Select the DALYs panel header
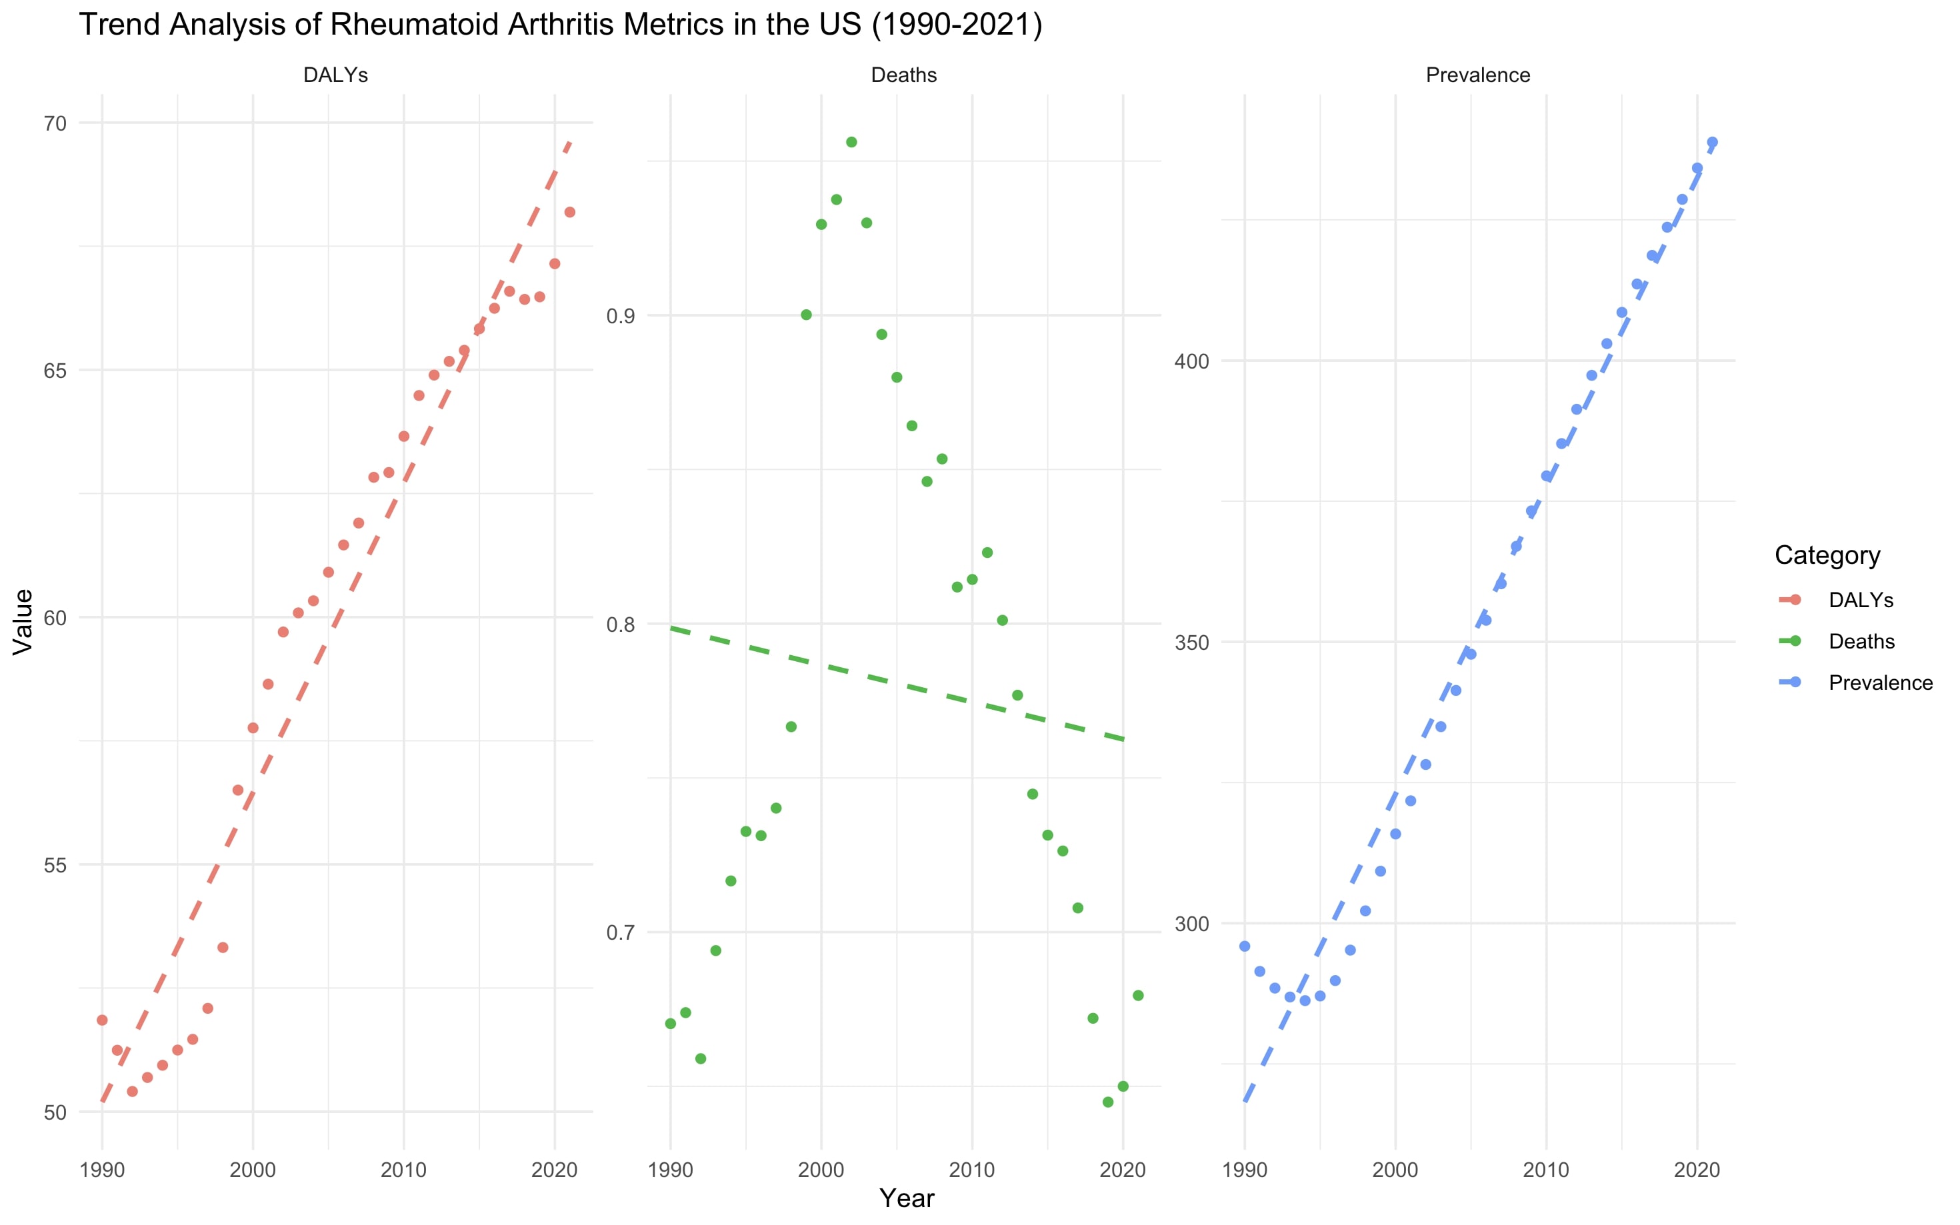coord(335,75)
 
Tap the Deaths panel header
coord(903,75)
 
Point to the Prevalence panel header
coord(1477,75)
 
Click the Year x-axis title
coord(907,1198)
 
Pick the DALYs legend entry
coord(1861,601)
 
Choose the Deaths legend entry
coord(1861,642)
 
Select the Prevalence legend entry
coord(1880,683)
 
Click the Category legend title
coord(1826,555)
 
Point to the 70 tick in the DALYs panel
coord(55,124)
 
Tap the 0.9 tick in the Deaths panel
coord(620,315)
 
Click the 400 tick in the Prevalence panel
coord(1191,361)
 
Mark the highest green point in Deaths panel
coord(851,143)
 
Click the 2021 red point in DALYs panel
coord(569,212)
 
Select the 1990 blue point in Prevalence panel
coord(1245,946)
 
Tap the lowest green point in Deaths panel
coord(1107,1102)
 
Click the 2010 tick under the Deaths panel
coord(971,1170)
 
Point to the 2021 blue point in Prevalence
coord(1712,143)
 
